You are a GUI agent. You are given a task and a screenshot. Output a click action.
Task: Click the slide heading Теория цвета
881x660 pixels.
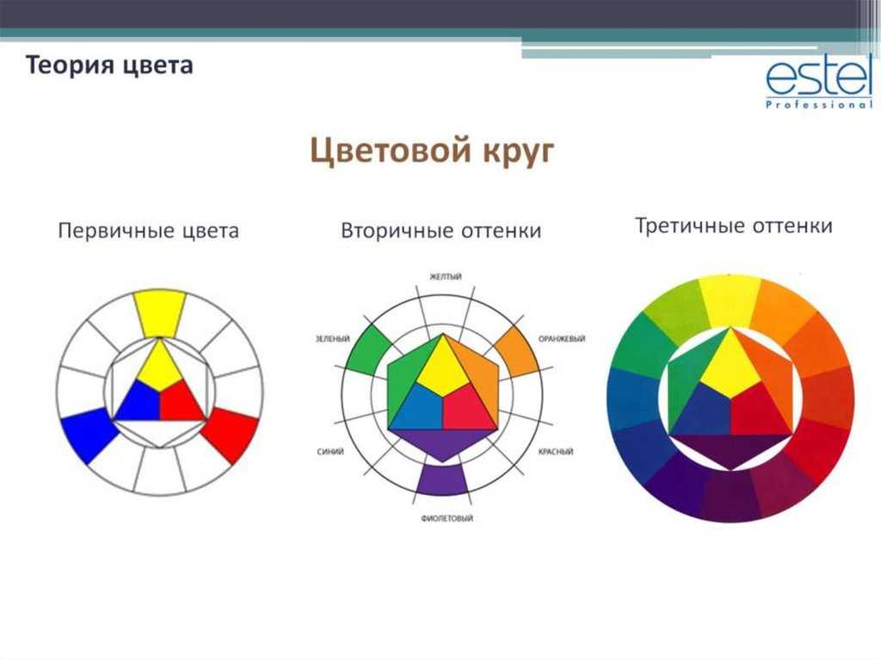(109, 65)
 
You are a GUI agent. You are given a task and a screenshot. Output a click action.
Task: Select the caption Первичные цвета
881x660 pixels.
(148, 231)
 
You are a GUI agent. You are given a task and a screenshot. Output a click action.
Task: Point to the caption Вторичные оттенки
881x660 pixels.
(441, 231)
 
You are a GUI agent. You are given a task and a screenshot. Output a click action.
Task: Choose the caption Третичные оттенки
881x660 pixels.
(734, 226)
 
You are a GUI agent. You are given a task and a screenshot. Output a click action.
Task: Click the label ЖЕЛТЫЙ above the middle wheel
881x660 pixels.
(446, 276)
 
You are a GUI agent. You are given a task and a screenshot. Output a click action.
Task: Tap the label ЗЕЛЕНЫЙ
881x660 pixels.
(333, 339)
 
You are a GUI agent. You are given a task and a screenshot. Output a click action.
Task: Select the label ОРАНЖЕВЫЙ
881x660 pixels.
(562, 339)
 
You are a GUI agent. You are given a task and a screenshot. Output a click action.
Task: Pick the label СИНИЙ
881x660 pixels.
(330, 452)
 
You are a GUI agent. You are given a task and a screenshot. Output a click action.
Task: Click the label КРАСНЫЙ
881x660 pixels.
(556, 452)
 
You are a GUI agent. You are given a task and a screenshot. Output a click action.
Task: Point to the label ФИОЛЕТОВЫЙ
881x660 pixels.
(447, 518)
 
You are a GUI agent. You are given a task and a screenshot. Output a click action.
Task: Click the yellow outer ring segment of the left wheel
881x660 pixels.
(160, 314)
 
